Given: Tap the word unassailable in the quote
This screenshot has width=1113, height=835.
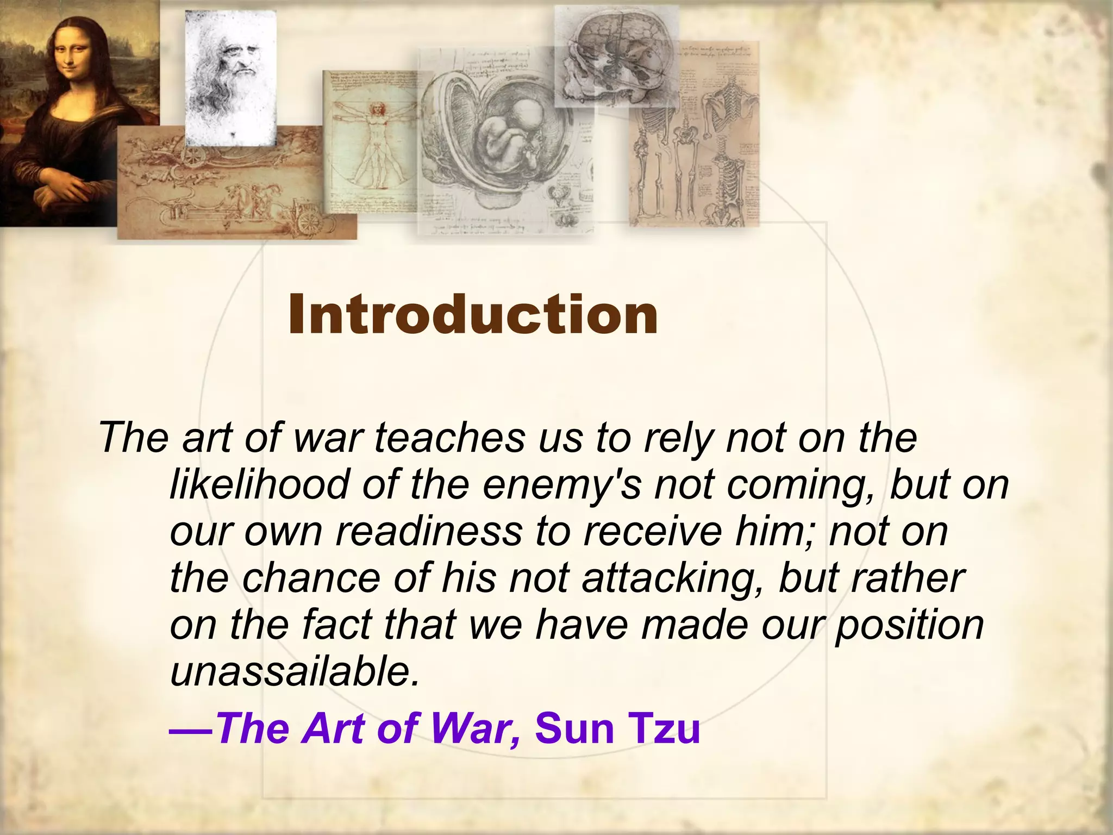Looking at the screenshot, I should [294, 672].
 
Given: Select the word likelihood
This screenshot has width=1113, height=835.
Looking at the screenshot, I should [259, 484].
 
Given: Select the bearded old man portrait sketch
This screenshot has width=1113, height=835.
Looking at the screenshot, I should [231, 76].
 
